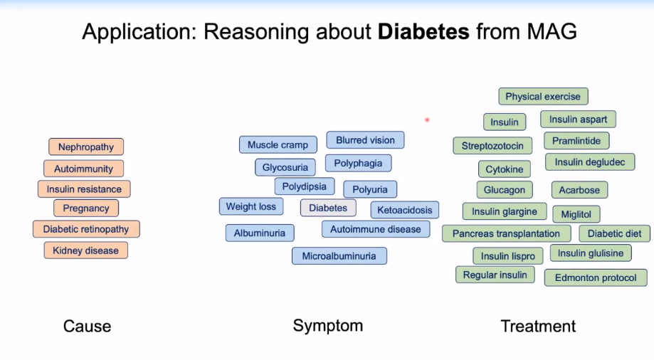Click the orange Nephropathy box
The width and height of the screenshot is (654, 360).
point(86,147)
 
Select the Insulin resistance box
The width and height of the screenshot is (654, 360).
point(84,189)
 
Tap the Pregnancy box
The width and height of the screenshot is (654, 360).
point(86,208)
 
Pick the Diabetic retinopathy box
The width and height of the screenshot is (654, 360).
point(86,229)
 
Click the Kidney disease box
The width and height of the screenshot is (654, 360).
point(86,250)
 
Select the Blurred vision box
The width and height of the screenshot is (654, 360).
point(365,140)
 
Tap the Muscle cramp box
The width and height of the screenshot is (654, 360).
point(278,145)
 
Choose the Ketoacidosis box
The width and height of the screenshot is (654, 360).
point(404,210)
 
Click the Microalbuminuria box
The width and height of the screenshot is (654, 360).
point(339,256)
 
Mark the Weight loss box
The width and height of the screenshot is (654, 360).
point(251,207)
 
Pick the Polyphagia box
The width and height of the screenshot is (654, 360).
point(358,164)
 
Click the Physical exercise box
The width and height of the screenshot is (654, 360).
point(543,97)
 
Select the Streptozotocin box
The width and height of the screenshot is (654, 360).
point(492,146)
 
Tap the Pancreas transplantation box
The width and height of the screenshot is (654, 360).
point(506,233)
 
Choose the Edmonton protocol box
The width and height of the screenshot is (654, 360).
point(596,277)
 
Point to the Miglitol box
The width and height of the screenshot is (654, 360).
point(576,214)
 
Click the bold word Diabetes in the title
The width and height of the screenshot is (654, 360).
point(424,31)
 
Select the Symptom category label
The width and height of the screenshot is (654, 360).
point(328,326)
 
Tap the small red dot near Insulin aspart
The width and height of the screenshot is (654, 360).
point(427,120)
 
